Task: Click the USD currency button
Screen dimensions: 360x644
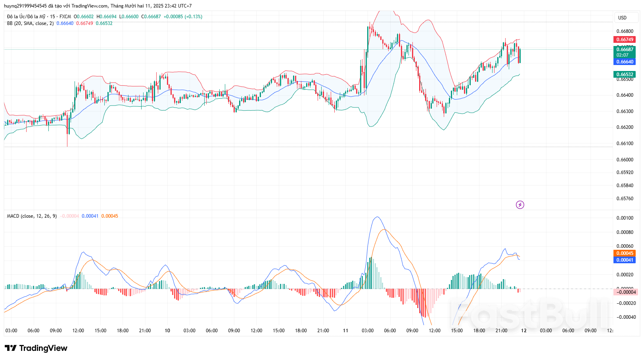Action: point(622,17)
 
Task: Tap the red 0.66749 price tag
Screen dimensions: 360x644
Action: point(625,39)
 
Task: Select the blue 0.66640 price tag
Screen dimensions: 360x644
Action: point(625,61)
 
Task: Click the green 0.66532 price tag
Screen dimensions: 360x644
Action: point(625,74)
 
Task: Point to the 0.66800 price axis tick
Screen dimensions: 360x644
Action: point(625,31)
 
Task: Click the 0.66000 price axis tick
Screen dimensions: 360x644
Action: point(625,159)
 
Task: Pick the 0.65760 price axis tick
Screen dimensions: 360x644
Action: point(625,198)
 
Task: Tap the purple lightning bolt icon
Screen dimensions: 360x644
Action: point(520,205)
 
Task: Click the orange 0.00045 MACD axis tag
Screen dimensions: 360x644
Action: point(625,253)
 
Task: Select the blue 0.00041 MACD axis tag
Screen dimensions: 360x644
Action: point(625,260)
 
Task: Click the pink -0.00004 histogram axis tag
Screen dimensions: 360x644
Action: point(625,292)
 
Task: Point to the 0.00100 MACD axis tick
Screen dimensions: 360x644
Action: point(625,218)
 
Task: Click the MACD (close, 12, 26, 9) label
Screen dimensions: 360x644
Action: point(32,216)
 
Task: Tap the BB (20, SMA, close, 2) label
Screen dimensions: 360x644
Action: point(30,23)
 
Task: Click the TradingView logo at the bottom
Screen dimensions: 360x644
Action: point(36,348)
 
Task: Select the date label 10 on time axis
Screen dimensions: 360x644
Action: point(167,330)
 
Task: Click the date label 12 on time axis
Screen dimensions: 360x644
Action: point(523,330)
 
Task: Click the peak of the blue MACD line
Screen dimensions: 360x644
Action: point(377,217)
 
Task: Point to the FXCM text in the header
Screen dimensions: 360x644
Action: point(65,17)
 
